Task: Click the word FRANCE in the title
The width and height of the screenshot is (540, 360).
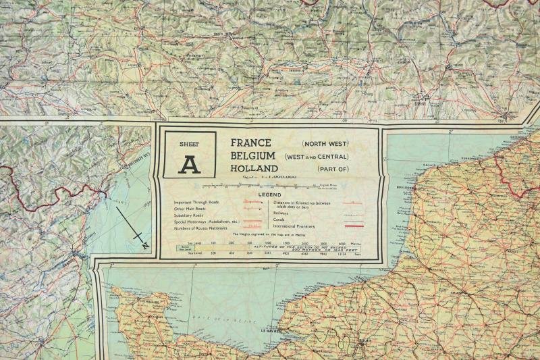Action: (x=251, y=143)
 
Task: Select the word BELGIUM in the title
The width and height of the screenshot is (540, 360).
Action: (x=254, y=155)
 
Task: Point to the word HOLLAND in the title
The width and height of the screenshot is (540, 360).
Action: (x=254, y=168)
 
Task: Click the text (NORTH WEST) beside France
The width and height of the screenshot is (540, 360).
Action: (x=325, y=144)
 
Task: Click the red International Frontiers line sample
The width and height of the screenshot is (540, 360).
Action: (x=353, y=226)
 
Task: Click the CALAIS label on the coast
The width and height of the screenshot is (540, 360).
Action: (x=427, y=163)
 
